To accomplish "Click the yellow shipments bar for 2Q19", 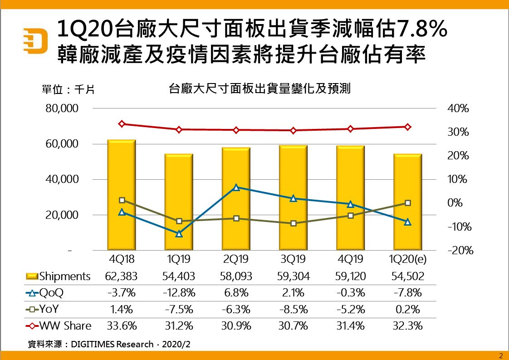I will [x=236, y=227].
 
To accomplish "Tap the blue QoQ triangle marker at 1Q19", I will [x=179, y=234].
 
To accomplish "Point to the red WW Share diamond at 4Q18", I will [x=122, y=124].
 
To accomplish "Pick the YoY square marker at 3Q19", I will [x=293, y=223].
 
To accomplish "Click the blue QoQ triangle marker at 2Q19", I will [x=236, y=187].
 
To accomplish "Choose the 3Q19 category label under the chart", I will [x=293, y=260].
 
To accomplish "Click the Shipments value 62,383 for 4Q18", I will [x=121, y=276].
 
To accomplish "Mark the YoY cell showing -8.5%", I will [x=293, y=310].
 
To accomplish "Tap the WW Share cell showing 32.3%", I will [x=407, y=326].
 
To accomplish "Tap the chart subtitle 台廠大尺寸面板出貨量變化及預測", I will [x=259, y=89].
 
